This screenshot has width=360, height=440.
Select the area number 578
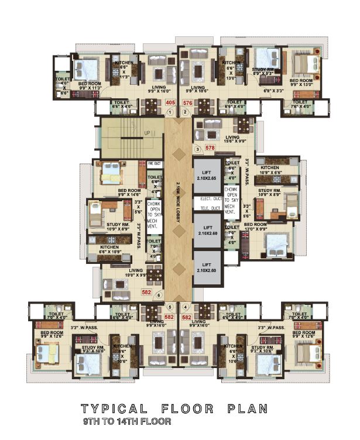210,149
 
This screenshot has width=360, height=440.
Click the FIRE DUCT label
154,164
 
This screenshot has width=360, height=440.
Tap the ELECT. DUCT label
236,199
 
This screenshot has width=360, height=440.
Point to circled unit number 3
198,149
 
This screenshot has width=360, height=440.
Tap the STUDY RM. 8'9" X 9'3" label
266,72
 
